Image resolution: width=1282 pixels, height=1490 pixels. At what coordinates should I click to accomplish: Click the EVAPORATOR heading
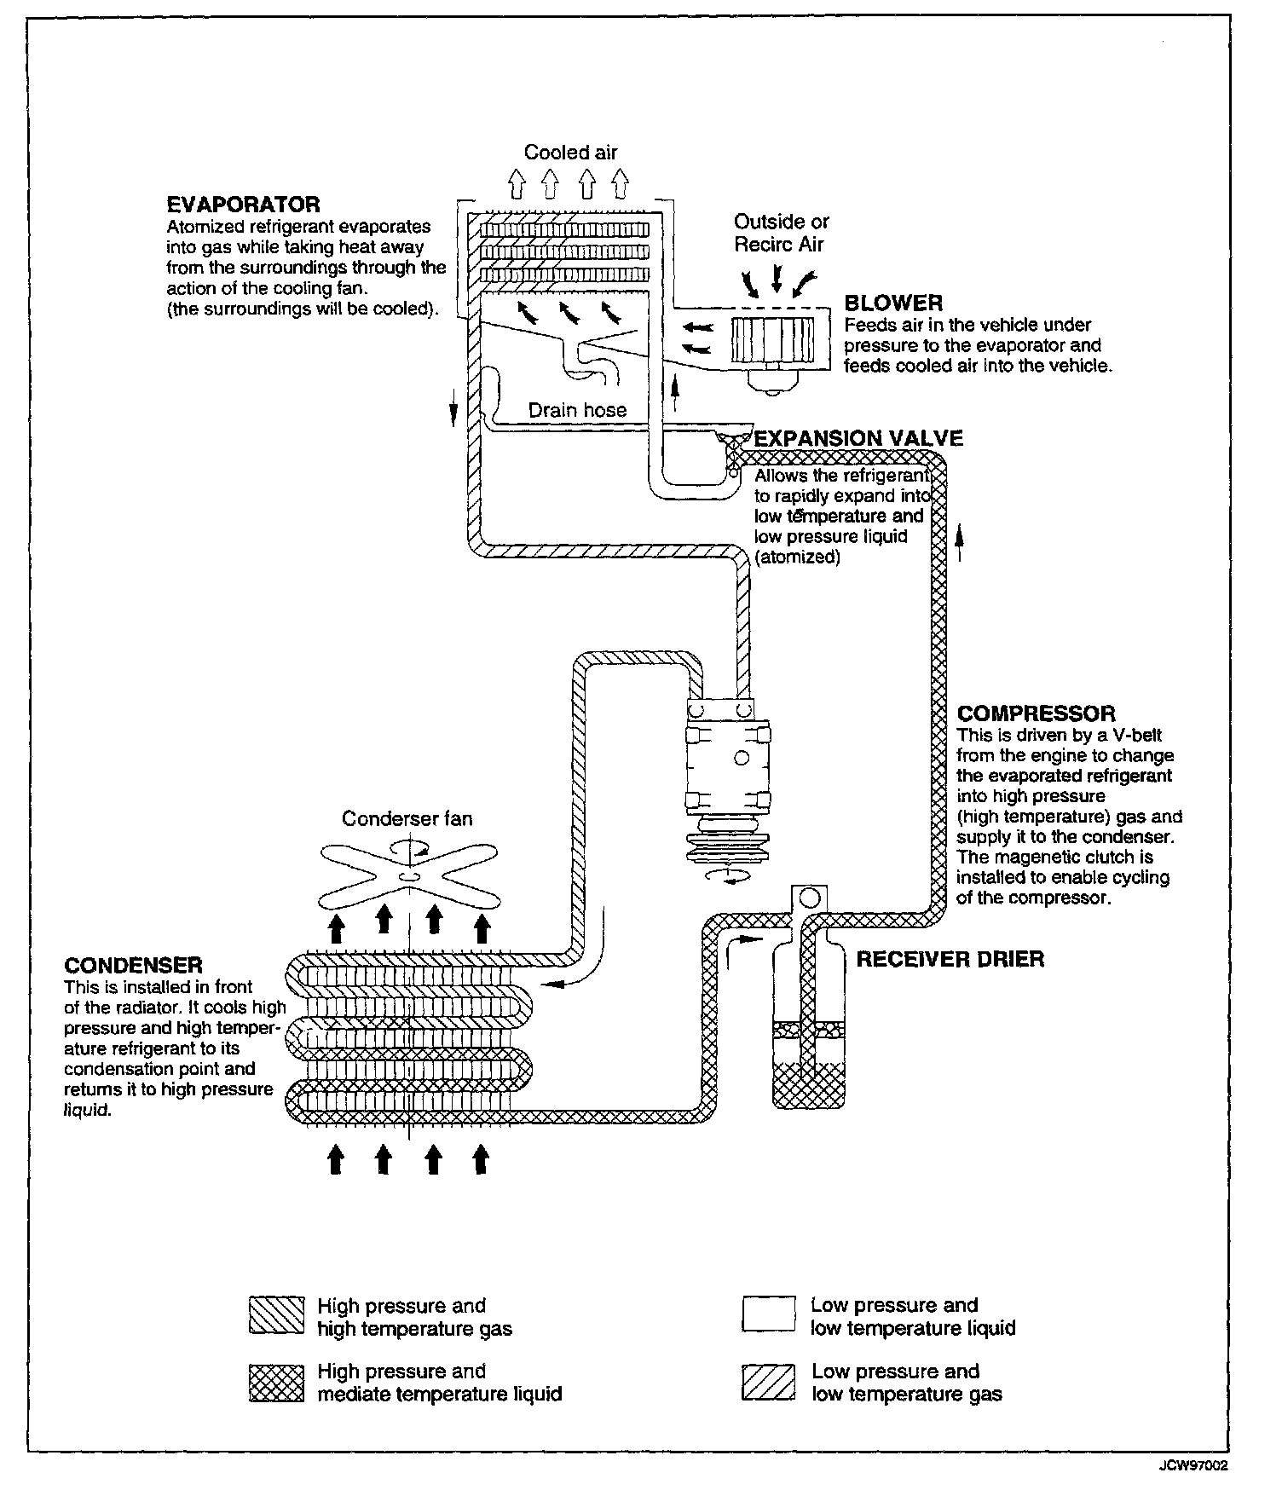[x=243, y=205]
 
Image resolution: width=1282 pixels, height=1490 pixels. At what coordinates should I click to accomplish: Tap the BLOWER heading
[x=893, y=303]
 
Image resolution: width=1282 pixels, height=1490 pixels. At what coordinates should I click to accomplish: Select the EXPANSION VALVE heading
[x=858, y=438]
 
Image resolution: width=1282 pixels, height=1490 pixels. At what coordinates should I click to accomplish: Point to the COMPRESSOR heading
[x=1036, y=713]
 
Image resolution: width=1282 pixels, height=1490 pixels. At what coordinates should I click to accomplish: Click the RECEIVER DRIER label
[x=950, y=959]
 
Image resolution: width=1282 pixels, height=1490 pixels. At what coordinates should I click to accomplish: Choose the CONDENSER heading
[x=133, y=966]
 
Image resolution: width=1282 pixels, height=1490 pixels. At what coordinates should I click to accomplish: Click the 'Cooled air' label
[x=570, y=153]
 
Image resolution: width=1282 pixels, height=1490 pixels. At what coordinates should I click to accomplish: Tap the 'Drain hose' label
[x=577, y=410]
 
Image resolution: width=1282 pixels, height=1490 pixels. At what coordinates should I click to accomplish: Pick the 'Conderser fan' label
[x=407, y=818]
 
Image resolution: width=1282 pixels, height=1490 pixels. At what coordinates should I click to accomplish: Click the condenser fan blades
[x=408, y=875]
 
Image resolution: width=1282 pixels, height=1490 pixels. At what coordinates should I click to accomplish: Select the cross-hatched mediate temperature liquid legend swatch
[x=276, y=1383]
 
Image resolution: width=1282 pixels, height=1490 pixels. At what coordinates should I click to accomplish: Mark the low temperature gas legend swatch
[x=768, y=1383]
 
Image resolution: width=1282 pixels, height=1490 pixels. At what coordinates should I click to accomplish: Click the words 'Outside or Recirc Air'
[x=781, y=233]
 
